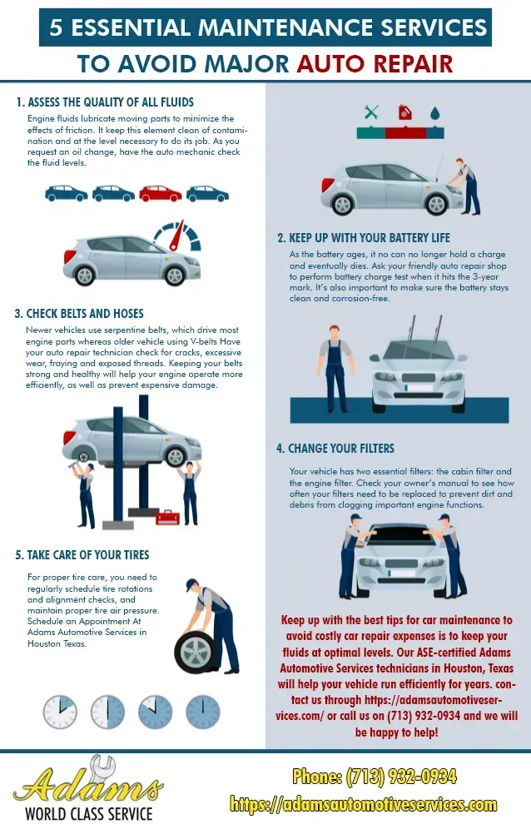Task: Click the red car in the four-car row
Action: pyautogui.click(x=161, y=194)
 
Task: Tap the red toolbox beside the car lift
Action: pyautogui.click(x=168, y=517)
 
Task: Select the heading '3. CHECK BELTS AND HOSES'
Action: pyautogui.click(x=79, y=314)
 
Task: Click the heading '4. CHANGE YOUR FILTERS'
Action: pyautogui.click(x=335, y=449)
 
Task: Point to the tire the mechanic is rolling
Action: pyautogui.click(x=195, y=653)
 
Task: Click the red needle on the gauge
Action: pyautogui.click(x=177, y=236)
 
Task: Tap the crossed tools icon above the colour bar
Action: pyautogui.click(x=371, y=112)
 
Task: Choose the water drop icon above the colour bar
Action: pyautogui.click(x=434, y=113)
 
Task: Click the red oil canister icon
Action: pyautogui.click(x=404, y=112)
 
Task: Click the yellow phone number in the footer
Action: pyautogui.click(x=375, y=777)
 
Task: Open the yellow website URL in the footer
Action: pyautogui.click(x=363, y=804)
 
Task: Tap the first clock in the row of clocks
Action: pyautogui.click(x=60, y=712)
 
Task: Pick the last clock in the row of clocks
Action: pyautogui.click(x=203, y=712)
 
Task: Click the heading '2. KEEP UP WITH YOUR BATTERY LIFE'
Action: pyautogui.click(x=364, y=237)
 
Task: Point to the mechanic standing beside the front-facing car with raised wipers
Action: pyautogui.click(x=335, y=369)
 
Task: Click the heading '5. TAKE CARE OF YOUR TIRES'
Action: pyautogui.click(x=82, y=555)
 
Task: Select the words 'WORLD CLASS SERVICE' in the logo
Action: pyautogui.click(x=89, y=813)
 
